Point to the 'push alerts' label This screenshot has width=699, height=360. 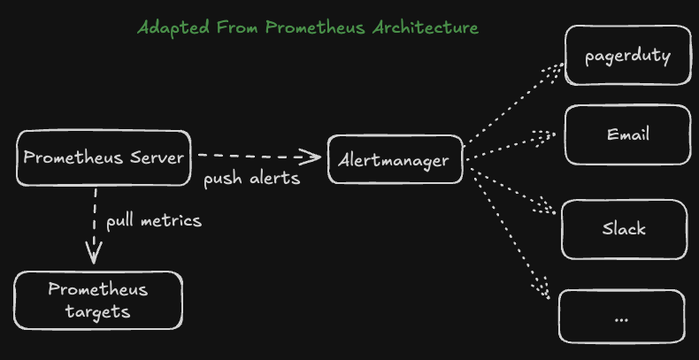[x=252, y=179]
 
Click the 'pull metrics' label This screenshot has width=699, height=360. [x=154, y=221]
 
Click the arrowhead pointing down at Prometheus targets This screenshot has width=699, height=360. [x=94, y=254]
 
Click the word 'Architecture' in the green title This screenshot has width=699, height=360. [x=426, y=27]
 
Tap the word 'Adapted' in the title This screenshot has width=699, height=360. [x=173, y=28]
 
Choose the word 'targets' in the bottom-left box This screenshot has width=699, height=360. [x=97, y=311]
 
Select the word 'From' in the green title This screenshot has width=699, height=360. [x=238, y=27]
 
